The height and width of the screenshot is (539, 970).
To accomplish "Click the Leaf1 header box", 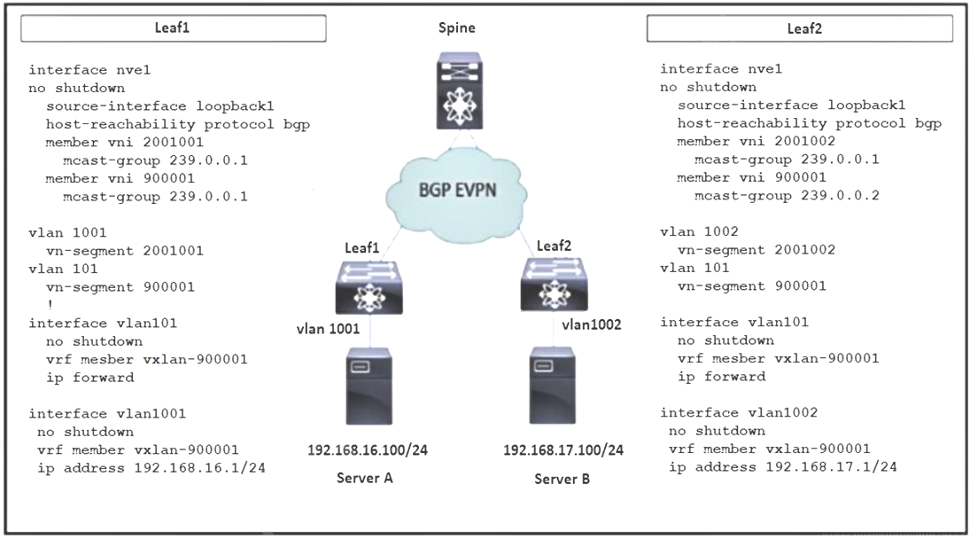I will tap(174, 28).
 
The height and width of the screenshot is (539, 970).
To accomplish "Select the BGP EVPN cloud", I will tap(457, 191).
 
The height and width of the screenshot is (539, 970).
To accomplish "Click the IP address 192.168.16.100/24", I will tap(368, 449).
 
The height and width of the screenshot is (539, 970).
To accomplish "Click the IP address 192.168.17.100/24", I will tap(563, 449).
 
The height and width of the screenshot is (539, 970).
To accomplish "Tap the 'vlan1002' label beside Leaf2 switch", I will tap(591, 324).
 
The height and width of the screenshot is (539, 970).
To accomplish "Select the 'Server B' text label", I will tap(562, 479).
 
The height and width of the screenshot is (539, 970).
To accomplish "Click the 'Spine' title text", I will tap(458, 27).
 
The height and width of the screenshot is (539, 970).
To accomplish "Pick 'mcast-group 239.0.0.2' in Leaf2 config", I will tap(787, 196).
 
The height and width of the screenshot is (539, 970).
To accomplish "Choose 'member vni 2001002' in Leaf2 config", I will tap(756, 142).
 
